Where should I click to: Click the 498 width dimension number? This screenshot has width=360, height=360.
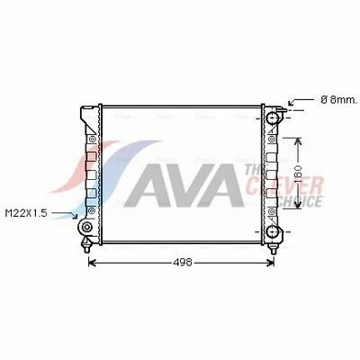pyautogui.click(x=183, y=262)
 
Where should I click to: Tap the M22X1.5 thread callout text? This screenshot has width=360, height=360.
pyautogui.click(x=26, y=213)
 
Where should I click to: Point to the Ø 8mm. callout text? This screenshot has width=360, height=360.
pyautogui.click(x=339, y=100)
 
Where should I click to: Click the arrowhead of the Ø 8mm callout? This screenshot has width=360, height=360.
pyautogui.click(x=291, y=103)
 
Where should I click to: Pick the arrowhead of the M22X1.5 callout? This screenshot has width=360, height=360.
pyautogui.click(x=75, y=215)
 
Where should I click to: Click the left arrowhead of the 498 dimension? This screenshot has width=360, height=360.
pyautogui.click(x=92, y=263)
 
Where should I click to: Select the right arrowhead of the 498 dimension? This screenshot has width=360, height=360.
pyautogui.click(x=271, y=263)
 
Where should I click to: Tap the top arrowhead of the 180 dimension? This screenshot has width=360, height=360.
pyautogui.click(x=297, y=141)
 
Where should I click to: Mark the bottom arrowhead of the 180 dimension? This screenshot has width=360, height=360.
pyautogui.click(x=297, y=205)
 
